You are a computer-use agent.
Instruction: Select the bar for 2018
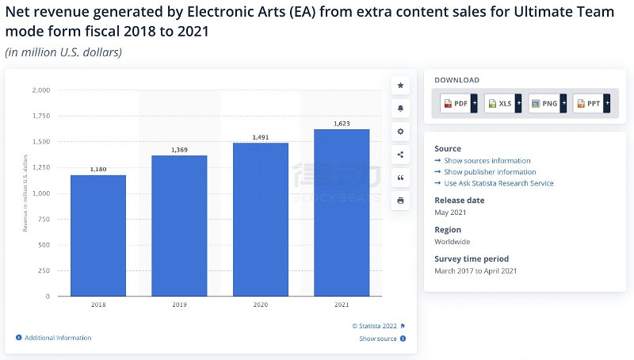[98, 236]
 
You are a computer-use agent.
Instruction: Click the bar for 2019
[179, 226]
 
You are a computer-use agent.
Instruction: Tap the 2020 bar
[260, 220]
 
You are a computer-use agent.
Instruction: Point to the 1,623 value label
[342, 124]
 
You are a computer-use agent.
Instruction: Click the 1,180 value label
[98, 169]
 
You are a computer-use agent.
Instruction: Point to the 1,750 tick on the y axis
[40, 117]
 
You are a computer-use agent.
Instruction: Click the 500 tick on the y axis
[44, 245]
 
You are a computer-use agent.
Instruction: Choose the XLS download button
[499, 104]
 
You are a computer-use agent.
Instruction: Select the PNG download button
[544, 104]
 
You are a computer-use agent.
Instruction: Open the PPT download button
[588, 104]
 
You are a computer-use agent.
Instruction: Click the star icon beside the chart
[400, 85]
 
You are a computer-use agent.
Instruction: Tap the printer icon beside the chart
[400, 201]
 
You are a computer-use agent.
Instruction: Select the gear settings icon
[400, 131]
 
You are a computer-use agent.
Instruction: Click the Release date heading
[460, 201]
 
